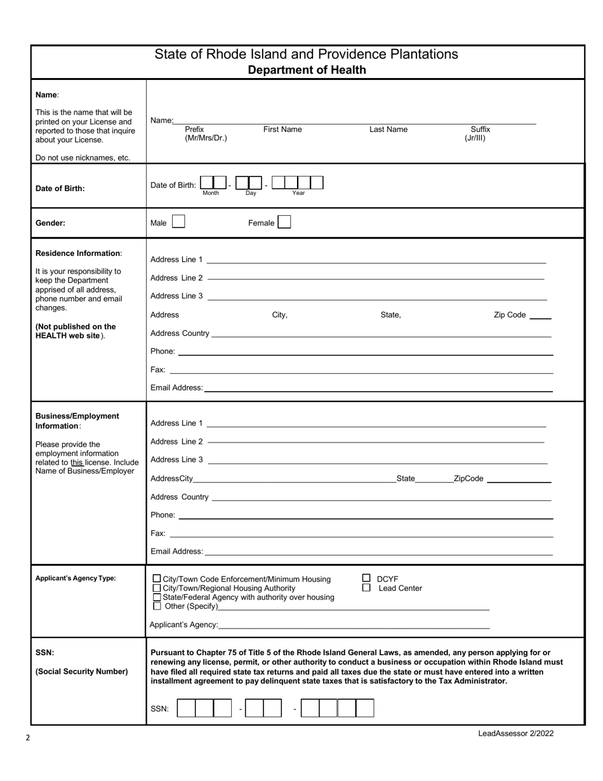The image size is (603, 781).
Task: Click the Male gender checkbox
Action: [178, 222]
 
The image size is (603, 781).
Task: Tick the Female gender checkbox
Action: [284, 222]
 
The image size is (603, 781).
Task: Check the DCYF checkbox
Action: [366, 578]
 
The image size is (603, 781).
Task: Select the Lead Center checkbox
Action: [366, 588]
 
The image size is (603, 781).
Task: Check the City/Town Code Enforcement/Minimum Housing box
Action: [157, 579]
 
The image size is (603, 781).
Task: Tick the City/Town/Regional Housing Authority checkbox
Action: [157, 588]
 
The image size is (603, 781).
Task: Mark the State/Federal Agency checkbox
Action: [157, 597]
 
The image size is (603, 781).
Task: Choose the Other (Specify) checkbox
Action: [157, 606]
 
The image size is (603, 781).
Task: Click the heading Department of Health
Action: [307, 70]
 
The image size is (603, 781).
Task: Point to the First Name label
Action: [282, 130]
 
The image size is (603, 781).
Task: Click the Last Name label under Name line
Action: [388, 130]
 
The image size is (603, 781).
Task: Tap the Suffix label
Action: [480, 130]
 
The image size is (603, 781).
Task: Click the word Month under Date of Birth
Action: [211, 193]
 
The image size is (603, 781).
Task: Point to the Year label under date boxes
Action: [298, 193]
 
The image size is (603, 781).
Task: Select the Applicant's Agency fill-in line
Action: [354, 626]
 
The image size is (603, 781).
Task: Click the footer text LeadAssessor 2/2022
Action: [515, 733]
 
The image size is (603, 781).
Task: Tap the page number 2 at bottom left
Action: [28, 738]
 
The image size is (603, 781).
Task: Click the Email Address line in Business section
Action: [378, 553]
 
